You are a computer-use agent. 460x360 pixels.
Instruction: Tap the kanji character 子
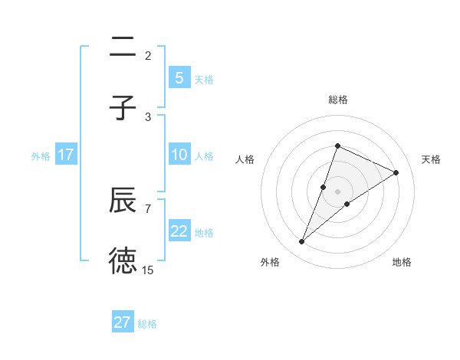point(123,107)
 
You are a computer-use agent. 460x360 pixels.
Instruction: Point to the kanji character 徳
point(123,260)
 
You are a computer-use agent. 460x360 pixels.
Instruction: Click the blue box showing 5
point(179,77)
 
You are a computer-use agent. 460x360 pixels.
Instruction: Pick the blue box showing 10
point(179,155)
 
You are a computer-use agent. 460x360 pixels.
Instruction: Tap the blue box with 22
point(179,231)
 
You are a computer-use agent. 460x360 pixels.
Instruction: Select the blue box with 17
point(66,155)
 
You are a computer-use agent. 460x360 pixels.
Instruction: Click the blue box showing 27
point(123,322)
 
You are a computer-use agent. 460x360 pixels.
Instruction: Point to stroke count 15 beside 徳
point(148,270)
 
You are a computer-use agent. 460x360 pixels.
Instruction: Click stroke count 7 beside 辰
point(148,208)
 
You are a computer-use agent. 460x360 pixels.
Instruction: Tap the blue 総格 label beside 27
point(147,323)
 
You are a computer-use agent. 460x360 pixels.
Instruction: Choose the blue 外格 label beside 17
point(41,156)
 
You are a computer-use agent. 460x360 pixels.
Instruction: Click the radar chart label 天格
point(431,159)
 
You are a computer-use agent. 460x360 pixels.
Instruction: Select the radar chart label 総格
point(338,100)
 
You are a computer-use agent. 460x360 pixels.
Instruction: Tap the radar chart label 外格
point(270,262)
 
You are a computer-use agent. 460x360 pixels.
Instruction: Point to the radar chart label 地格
point(402,262)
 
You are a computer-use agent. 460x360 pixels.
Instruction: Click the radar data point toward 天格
point(396,172)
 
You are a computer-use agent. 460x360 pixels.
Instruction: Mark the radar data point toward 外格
point(301,242)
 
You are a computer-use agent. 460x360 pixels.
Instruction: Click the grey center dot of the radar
point(338,191)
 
